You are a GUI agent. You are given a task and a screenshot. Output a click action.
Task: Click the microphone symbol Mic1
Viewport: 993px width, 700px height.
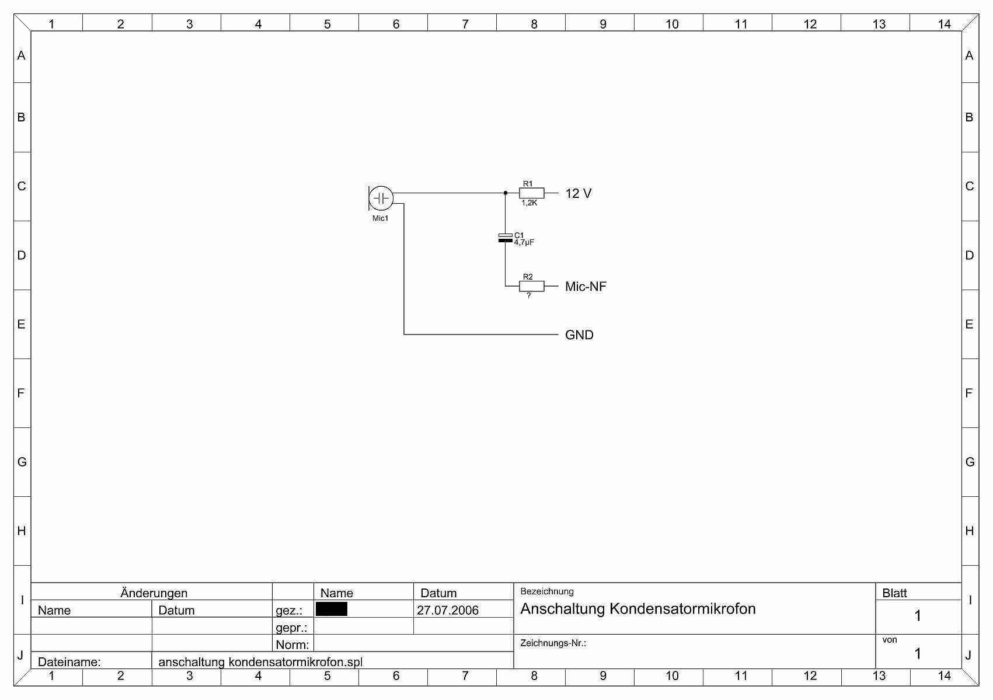(x=381, y=198)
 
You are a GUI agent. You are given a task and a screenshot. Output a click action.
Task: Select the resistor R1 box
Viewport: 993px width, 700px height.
(x=531, y=193)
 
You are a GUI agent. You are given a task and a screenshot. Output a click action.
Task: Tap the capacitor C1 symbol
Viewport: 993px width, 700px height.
(x=505, y=238)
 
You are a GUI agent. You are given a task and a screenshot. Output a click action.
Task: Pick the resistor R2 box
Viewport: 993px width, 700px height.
(x=531, y=286)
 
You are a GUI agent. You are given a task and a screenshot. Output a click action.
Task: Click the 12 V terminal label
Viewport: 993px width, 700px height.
(x=578, y=194)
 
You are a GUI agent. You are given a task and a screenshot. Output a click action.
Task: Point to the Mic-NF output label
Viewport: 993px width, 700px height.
(x=586, y=287)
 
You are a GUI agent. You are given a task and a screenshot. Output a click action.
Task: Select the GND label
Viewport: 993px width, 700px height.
(x=579, y=335)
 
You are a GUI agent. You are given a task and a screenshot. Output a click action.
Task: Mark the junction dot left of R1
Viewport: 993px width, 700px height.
(x=506, y=193)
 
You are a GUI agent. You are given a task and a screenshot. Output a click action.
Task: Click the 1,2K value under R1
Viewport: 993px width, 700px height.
(x=529, y=203)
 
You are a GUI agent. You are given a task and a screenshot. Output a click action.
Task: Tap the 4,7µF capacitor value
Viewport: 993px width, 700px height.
(x=524, y=242)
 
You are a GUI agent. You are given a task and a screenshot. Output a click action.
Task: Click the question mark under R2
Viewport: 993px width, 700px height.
(x=529, y=296)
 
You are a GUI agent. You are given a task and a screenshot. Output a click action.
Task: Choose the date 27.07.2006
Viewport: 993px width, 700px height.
(x=448, y=611)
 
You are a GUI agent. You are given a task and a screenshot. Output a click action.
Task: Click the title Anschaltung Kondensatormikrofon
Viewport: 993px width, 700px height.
(x=637, y=609)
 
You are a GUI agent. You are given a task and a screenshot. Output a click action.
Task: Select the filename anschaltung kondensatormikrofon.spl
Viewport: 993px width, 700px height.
(x=260, y=662)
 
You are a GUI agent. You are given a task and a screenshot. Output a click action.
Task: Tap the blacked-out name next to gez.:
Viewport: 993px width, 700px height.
(x=331, y=610)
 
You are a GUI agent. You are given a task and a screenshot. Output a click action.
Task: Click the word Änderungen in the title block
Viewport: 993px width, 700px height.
(x=154, y=593)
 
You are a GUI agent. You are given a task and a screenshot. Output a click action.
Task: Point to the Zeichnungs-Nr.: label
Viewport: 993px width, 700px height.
(x=553, y=643)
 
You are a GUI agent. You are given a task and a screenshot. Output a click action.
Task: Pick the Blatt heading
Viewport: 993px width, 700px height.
(x=894, y=593)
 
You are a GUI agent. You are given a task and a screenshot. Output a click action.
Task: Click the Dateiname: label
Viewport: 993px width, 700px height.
(x=69, y=662)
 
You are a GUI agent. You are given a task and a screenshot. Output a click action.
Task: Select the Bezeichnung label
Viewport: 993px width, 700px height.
(x=546, y=591)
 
